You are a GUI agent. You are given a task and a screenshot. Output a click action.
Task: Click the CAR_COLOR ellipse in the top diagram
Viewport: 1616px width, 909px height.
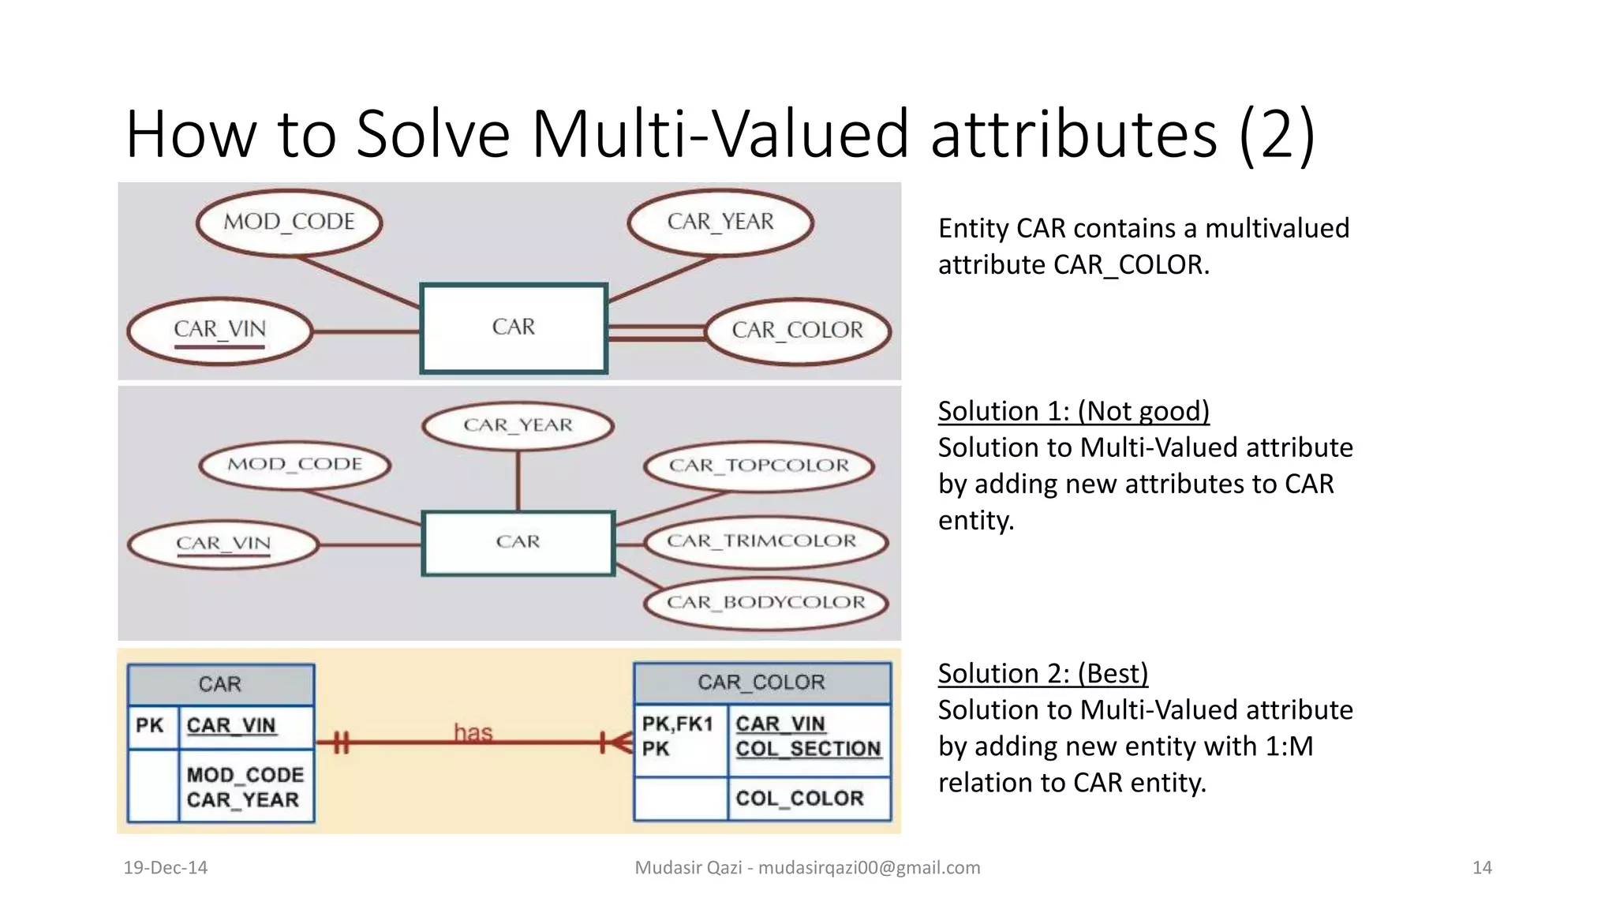(798, 331)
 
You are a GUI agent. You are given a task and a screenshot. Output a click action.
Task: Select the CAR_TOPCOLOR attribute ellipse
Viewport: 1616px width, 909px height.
(759, 466)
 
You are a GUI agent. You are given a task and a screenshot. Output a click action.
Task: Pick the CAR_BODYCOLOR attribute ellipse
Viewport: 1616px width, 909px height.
(765, 603)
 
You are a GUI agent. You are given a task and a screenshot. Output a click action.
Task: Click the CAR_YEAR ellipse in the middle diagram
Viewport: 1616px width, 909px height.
(518, 425)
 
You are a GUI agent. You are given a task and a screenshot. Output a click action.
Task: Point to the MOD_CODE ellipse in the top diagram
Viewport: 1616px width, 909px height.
(289, 222)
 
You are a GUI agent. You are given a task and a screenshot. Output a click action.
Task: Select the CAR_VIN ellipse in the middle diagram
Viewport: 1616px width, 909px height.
(223, 544)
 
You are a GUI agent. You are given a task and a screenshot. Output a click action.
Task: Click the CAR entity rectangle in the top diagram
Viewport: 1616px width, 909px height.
(514, 327)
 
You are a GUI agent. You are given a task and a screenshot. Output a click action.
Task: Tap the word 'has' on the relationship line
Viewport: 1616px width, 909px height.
(473, 733)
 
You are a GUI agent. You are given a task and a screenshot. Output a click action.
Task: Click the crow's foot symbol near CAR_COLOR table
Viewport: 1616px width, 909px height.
(619, 743)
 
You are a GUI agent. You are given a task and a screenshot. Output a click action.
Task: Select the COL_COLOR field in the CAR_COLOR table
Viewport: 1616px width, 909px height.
(799, 799)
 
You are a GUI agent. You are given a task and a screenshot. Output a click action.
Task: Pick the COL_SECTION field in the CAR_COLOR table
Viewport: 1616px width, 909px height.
(808, 749)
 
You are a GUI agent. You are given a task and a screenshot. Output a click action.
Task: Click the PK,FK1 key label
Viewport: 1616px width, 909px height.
(677, 724)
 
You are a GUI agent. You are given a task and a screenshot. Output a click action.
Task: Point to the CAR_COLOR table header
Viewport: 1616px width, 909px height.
(761, 683)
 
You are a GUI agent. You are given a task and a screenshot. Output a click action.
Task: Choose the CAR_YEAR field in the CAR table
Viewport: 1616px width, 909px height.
(243, 800)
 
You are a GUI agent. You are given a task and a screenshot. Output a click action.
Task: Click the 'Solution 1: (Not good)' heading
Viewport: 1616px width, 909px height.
(1073, 411)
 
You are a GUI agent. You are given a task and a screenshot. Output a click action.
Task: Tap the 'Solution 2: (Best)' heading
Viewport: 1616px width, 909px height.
(1042, 674)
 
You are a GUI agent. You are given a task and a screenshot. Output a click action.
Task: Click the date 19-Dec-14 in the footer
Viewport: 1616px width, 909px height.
(166, 868)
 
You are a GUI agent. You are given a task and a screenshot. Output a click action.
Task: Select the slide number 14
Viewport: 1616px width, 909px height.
(1482, 868)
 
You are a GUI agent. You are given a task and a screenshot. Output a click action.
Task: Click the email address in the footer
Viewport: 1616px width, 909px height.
(869, 868)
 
